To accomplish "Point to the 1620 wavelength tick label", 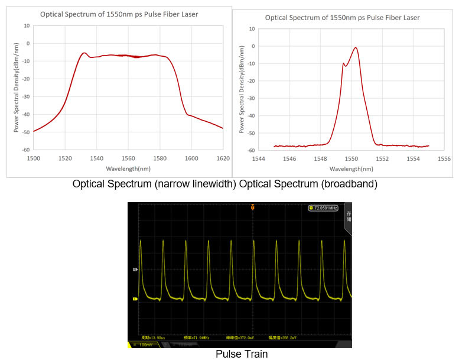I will (223, 158).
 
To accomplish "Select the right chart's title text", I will (342, 18).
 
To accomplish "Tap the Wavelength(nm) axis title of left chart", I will (128, 168).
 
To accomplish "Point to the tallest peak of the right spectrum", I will (356, 48).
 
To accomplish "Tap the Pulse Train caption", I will (241, 354).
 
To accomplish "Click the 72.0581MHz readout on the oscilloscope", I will (323, 208).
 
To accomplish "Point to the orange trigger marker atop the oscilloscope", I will (253, 207).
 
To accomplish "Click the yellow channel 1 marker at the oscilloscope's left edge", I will (135, 299).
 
